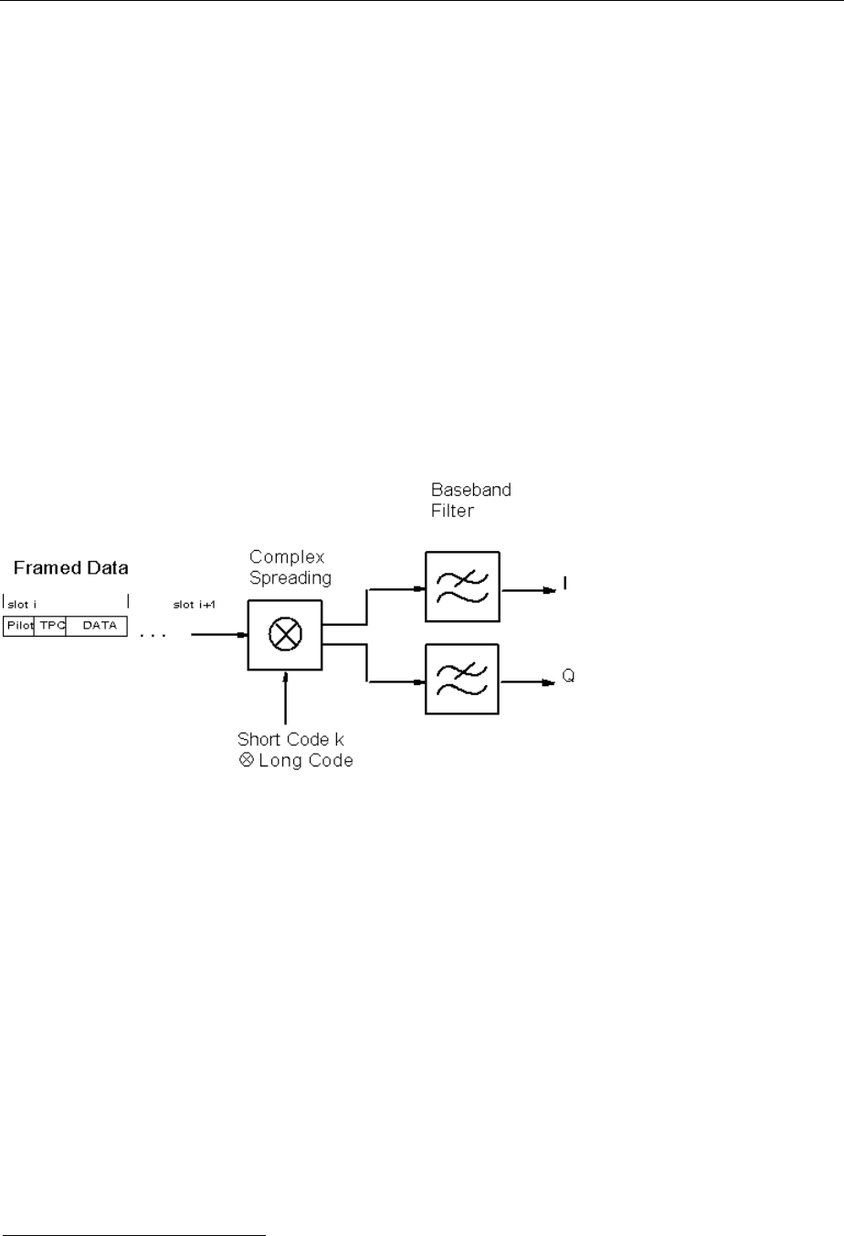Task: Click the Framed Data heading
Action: click(x=71, y=568)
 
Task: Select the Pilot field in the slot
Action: click(x=19, y=625)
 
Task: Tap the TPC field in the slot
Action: click(x=49, y=625)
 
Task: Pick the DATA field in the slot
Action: click(x=96, y=625)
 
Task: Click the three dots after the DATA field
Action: click(x=152, y=632)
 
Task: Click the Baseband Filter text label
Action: click(x=470, y=500)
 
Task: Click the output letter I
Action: click(x=565, y=583)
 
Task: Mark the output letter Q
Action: click(x=567, y=679)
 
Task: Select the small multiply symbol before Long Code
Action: click(x=245, y=760)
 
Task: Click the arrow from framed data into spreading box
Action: click(x=219, y=635)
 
